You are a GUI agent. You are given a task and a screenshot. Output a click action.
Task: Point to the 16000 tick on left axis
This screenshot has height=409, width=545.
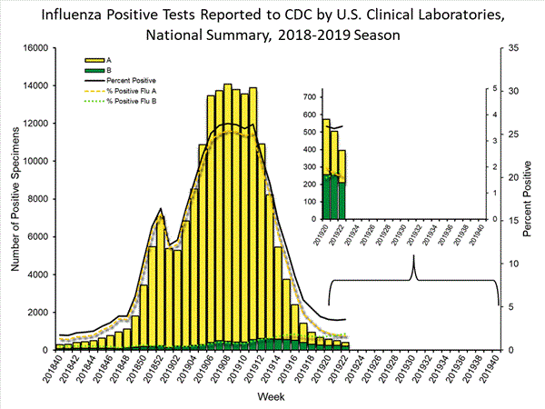pos(34,47)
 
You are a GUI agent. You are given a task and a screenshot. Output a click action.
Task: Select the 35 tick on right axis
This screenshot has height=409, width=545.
pos(513,47)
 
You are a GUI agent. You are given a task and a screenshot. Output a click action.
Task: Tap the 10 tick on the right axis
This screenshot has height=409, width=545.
pos(513,264)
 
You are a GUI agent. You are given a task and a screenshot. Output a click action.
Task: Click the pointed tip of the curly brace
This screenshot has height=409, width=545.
pos(414,256)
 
